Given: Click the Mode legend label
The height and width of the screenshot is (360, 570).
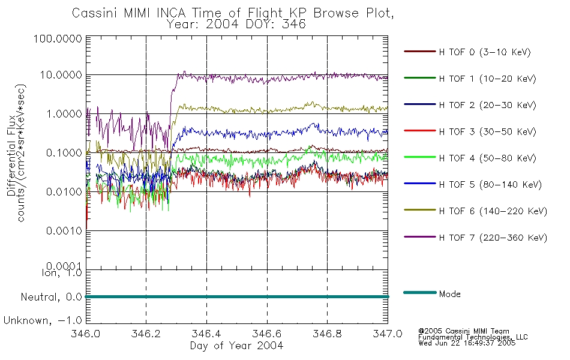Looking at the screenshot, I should point(449,294).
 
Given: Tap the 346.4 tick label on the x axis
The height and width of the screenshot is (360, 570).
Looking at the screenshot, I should point(207,334).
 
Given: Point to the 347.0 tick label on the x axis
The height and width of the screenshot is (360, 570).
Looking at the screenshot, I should point(388,334).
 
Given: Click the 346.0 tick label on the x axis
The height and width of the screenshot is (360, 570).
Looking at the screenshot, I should point(86,334).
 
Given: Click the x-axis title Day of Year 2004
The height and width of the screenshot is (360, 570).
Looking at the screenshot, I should point(236,346).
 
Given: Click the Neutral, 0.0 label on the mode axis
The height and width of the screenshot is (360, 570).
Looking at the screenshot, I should point(51,297).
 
